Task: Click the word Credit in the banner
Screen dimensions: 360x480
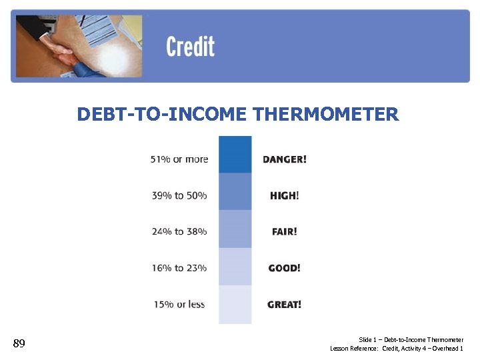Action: (x=190, y=47)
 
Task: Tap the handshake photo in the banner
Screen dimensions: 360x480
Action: (x=79, y=46)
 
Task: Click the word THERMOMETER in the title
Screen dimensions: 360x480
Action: (x=326, y=115)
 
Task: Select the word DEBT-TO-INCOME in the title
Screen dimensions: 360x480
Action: (x=163, y=115)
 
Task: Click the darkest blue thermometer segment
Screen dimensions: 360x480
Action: (x=235, y=155)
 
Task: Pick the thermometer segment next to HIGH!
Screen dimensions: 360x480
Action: (x=235, y=192)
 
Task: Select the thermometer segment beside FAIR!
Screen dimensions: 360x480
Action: (x=235, y=229)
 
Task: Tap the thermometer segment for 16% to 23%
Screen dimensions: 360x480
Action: (x=235, y=267)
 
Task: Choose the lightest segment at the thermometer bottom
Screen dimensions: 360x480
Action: (x=235, y=305)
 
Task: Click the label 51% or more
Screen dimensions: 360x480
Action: (x=179, y=159)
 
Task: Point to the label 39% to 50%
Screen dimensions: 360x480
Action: (x=179, y=195)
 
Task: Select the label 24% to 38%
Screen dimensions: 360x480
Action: (x=179, y=231)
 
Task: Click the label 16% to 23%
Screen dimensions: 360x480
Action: (x=179, y=268)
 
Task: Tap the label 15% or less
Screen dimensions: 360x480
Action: (x=179, y=305)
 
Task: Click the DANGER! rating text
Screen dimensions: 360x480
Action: (x=285, y=159)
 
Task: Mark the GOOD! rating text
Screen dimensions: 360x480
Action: (x=284, y=268)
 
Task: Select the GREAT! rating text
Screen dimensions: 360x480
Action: (x=284, y=305)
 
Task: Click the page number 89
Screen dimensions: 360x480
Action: (x=19, y=344)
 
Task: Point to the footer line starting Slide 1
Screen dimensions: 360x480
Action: (x=411, y=340)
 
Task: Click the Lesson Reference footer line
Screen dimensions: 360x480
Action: (x=397, y=349)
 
